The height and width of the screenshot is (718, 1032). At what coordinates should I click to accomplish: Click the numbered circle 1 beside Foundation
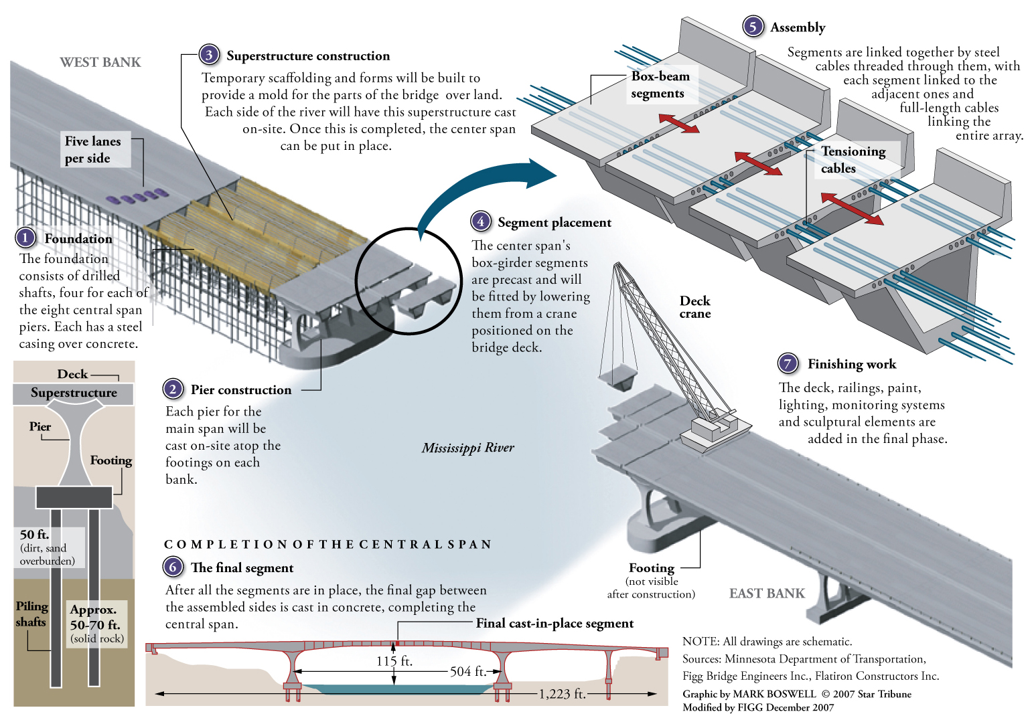pos(25,238)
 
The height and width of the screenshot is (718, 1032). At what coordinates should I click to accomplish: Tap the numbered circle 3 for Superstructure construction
pos(209,55)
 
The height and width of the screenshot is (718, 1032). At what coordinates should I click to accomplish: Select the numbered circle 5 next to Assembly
pos(753,27)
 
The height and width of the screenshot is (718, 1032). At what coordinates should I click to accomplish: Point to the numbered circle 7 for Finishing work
pos(788,363)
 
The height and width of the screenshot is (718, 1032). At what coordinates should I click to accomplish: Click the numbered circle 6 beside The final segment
pos(173,567)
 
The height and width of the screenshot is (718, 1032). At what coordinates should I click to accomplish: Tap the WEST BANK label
pos(100,62)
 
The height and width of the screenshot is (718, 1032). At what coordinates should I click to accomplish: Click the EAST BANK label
pos(767,594)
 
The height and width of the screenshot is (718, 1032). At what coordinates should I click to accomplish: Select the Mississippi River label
pos(467,448)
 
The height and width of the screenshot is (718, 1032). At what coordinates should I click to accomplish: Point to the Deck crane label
pos(695,307)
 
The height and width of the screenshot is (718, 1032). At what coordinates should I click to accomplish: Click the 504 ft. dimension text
pos(468,671)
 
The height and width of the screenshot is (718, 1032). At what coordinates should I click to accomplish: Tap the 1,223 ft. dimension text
pos(562,694)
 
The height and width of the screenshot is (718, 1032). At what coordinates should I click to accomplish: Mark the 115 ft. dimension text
pos(394,661)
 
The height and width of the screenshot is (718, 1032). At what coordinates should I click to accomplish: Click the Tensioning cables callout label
pos(853,160)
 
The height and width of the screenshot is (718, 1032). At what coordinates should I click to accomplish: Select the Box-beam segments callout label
pos(660,85)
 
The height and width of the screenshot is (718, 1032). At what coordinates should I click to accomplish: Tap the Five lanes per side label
pos(92,150)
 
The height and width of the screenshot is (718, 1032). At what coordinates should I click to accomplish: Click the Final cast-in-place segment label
pos(555,623)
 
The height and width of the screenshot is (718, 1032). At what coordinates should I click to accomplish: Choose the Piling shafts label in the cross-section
pos(31,614)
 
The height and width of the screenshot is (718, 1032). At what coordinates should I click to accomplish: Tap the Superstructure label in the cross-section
pos(74,393)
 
